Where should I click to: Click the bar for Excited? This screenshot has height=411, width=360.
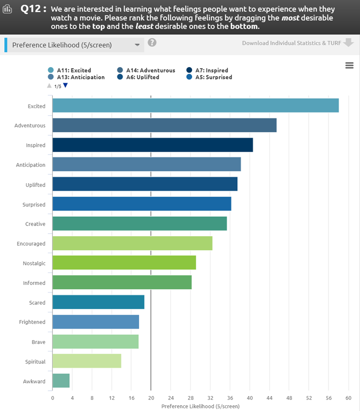click(195, 106)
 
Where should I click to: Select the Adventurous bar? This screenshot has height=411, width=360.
click(164, 125)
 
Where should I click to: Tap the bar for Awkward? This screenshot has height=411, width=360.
click(61, 381)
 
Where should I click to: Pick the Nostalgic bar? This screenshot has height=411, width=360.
click(124, 263)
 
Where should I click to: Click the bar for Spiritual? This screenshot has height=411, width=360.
click(87, 361)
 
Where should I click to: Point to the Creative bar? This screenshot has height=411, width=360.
click(139, 224)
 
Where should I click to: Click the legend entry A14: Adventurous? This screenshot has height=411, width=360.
click(150, 70)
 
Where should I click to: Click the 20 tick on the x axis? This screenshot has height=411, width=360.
click(151, 398)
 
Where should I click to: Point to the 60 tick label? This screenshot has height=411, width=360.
click(348, 398)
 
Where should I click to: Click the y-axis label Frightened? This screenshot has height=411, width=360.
click(32, 322)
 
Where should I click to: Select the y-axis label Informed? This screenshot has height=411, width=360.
click(34, 283)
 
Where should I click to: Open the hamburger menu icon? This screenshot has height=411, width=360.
click(349, 66)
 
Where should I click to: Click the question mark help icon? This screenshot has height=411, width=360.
click(152, 43)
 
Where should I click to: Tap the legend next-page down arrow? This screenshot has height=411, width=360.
click(65, 85)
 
